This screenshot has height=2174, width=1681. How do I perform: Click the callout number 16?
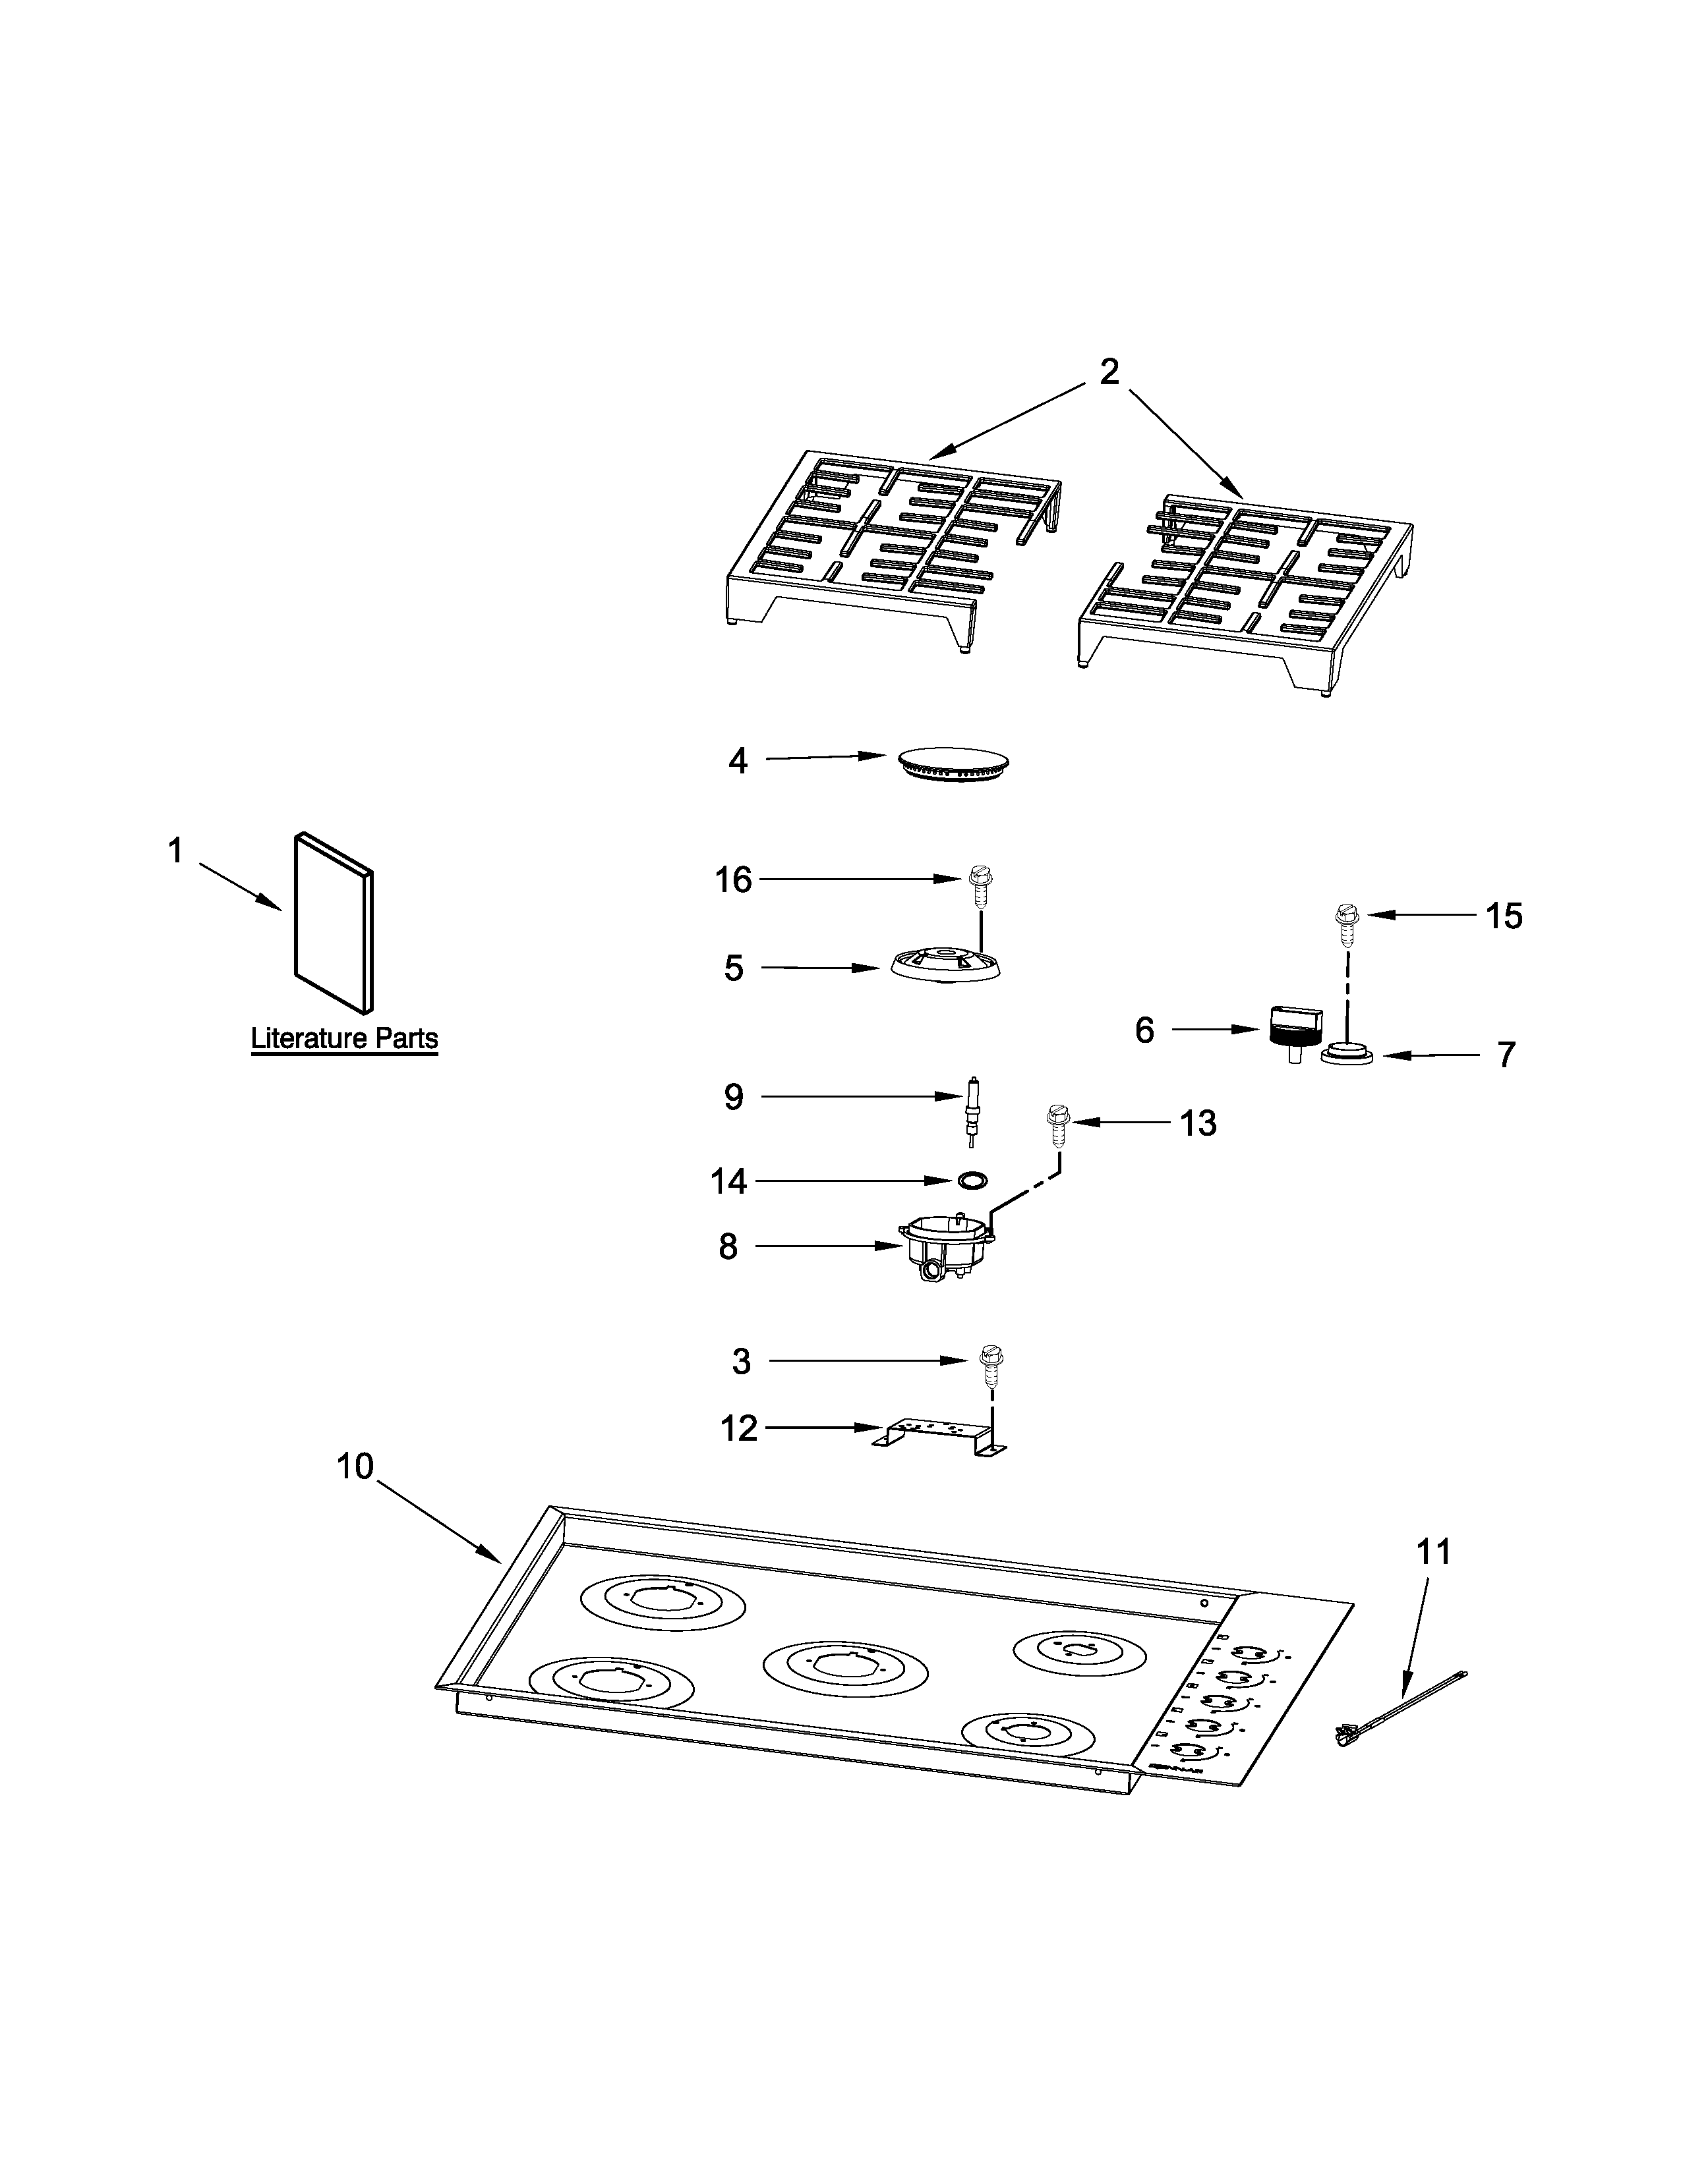(x=733, y=880)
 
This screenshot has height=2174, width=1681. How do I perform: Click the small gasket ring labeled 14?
(x=971, y=1180)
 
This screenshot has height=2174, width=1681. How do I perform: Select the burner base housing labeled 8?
(x=946, y=1248)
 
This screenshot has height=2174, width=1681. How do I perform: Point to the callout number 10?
(x=355, y=1466)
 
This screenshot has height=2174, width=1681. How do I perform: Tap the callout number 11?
(x=1433, y=1551)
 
